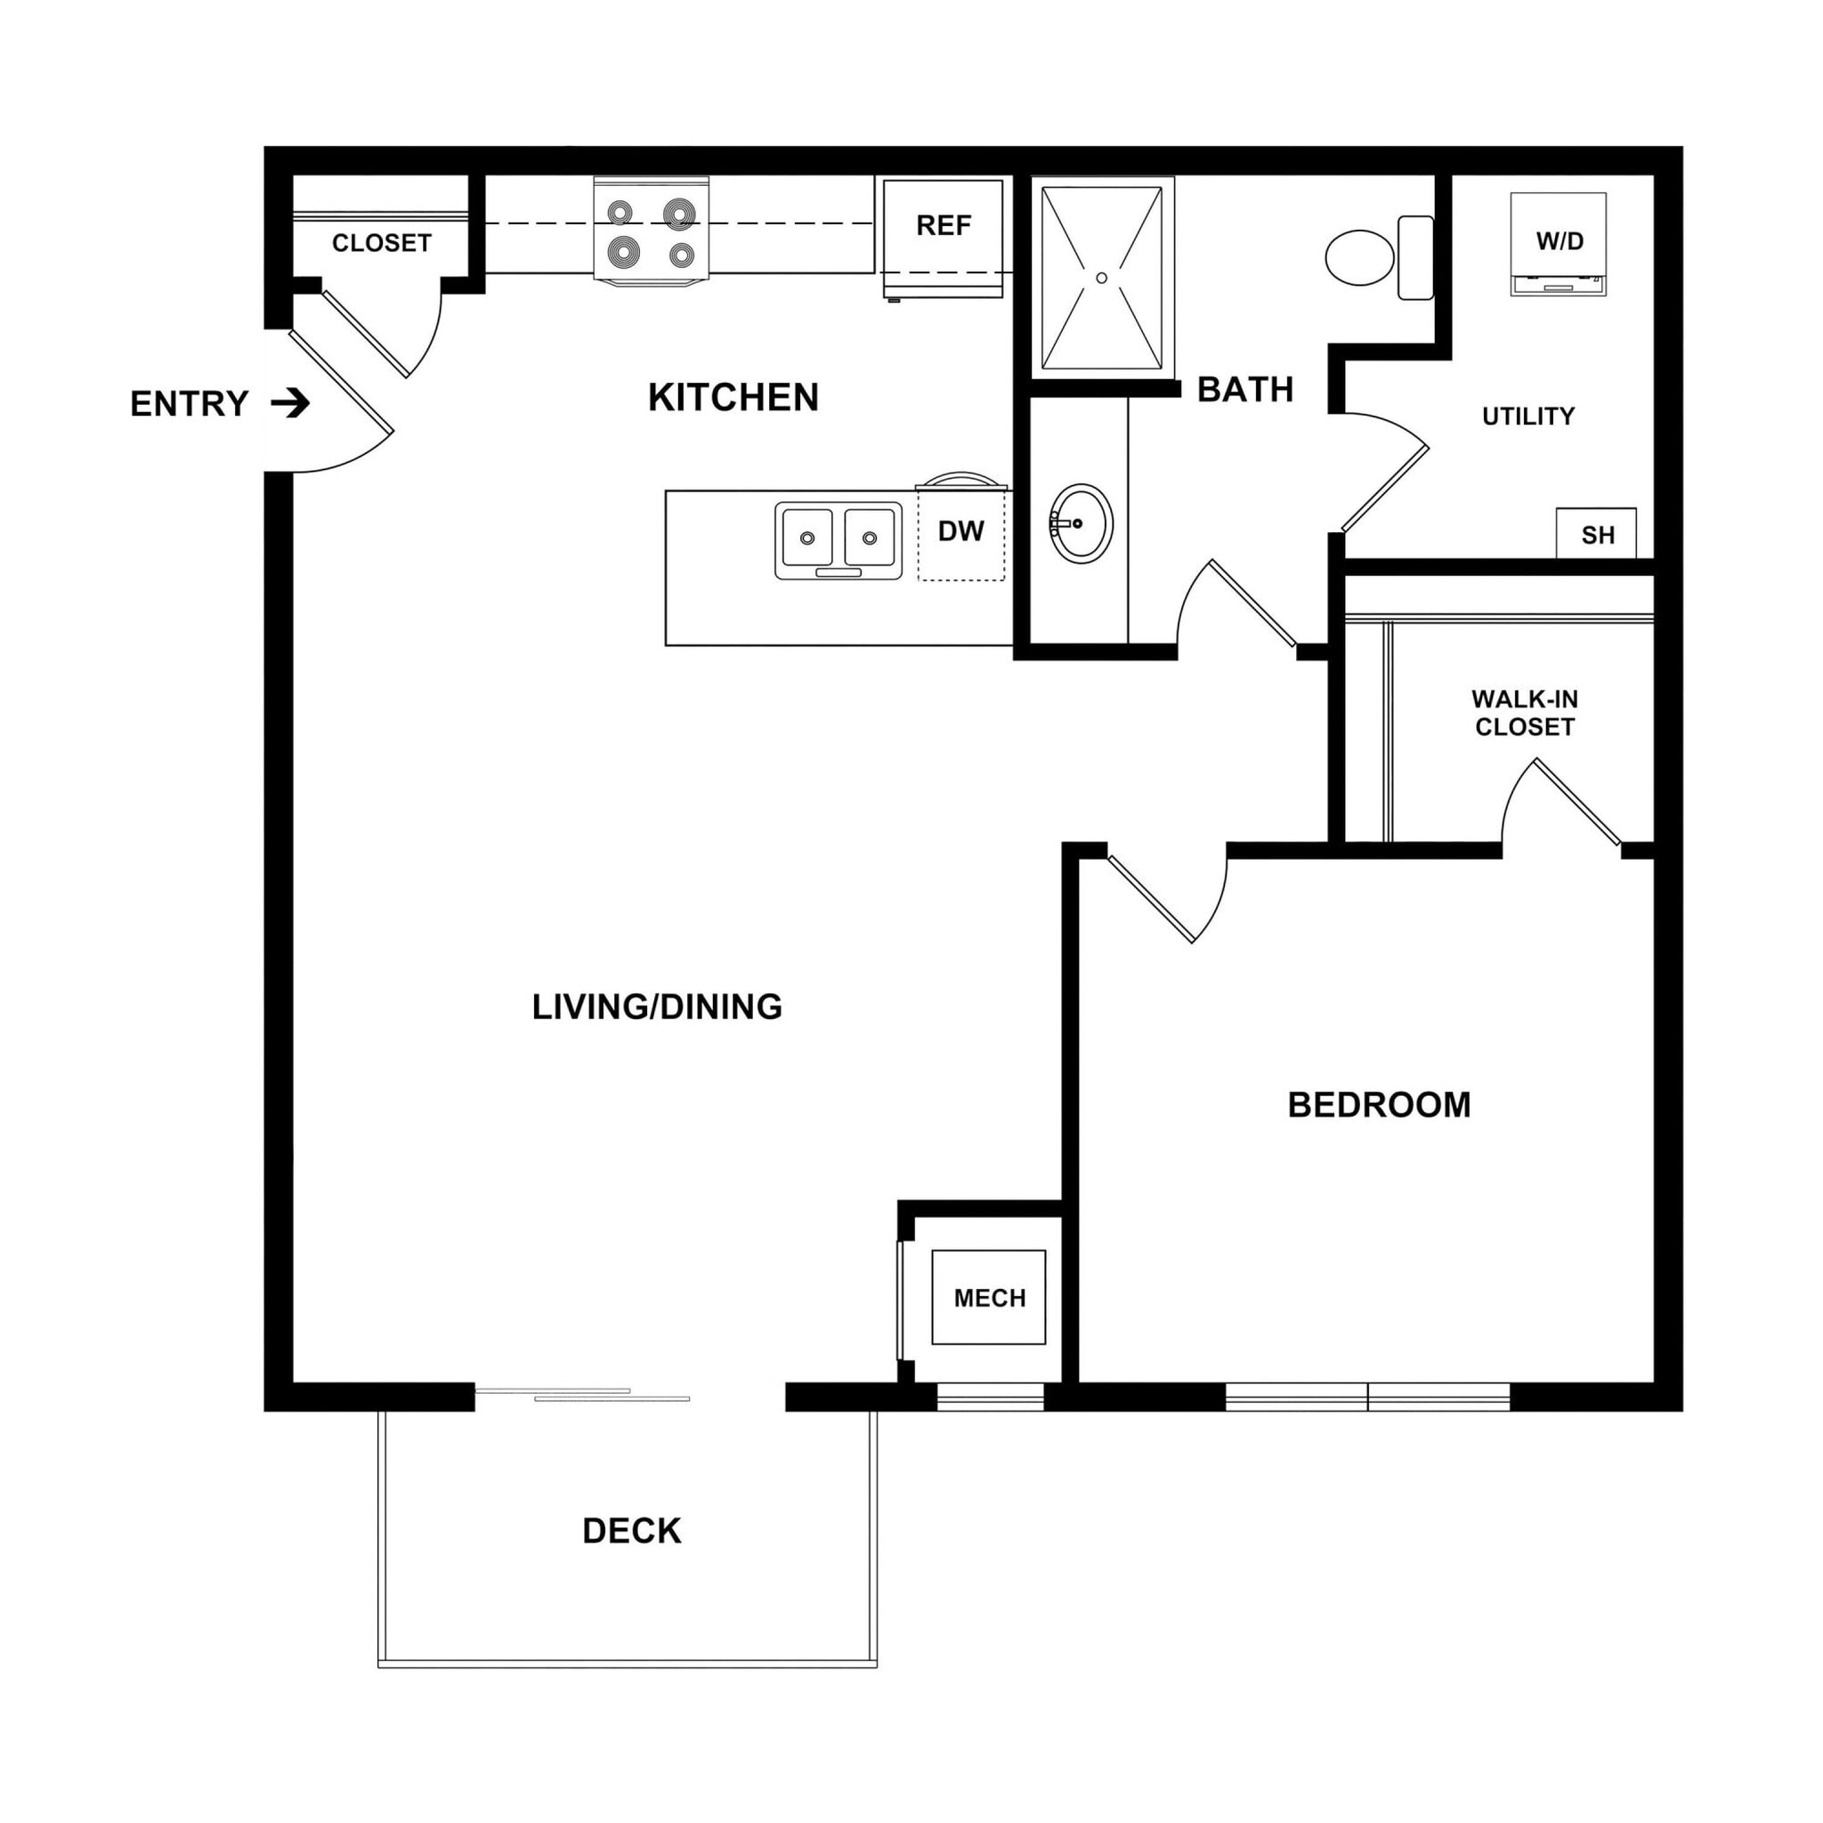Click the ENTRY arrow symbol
click(290, 404)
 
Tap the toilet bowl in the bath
click(1358, 256)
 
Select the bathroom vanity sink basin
click(1082, 523)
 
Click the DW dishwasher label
click(960, 531)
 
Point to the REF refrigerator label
click(943, 225)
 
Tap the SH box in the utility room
click(1597, 535)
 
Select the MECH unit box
click(988, 1299)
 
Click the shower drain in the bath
click(1101, 278)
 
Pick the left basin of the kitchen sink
click(806, 537)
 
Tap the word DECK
click(631, 1530)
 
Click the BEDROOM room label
click(1379, 1105)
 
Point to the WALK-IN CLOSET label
click(1524, 712)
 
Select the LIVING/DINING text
click(657, 1007)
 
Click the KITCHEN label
click(733, 397)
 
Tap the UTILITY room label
click(1527, 416)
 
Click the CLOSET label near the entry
click(381, 243)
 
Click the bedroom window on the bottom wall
click(1367, 1397)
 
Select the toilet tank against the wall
click(1415, 257)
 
